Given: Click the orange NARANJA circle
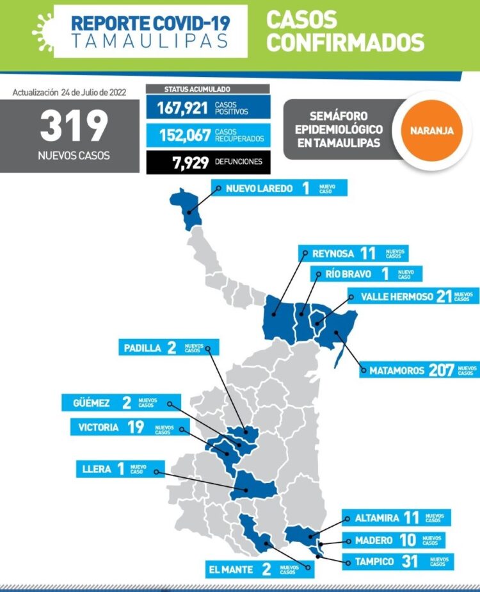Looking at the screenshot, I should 428,130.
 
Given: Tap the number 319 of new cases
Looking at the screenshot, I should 74,127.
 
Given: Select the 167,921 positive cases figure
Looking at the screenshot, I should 182,108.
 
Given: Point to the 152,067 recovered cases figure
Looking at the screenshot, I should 182,135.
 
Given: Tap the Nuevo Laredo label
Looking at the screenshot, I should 259,188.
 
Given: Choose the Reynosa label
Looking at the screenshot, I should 332,254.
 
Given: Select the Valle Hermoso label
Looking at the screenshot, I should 397,296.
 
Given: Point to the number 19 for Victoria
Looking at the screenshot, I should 136,427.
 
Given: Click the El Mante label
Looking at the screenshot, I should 232,568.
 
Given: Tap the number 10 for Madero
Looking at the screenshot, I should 407,540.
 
